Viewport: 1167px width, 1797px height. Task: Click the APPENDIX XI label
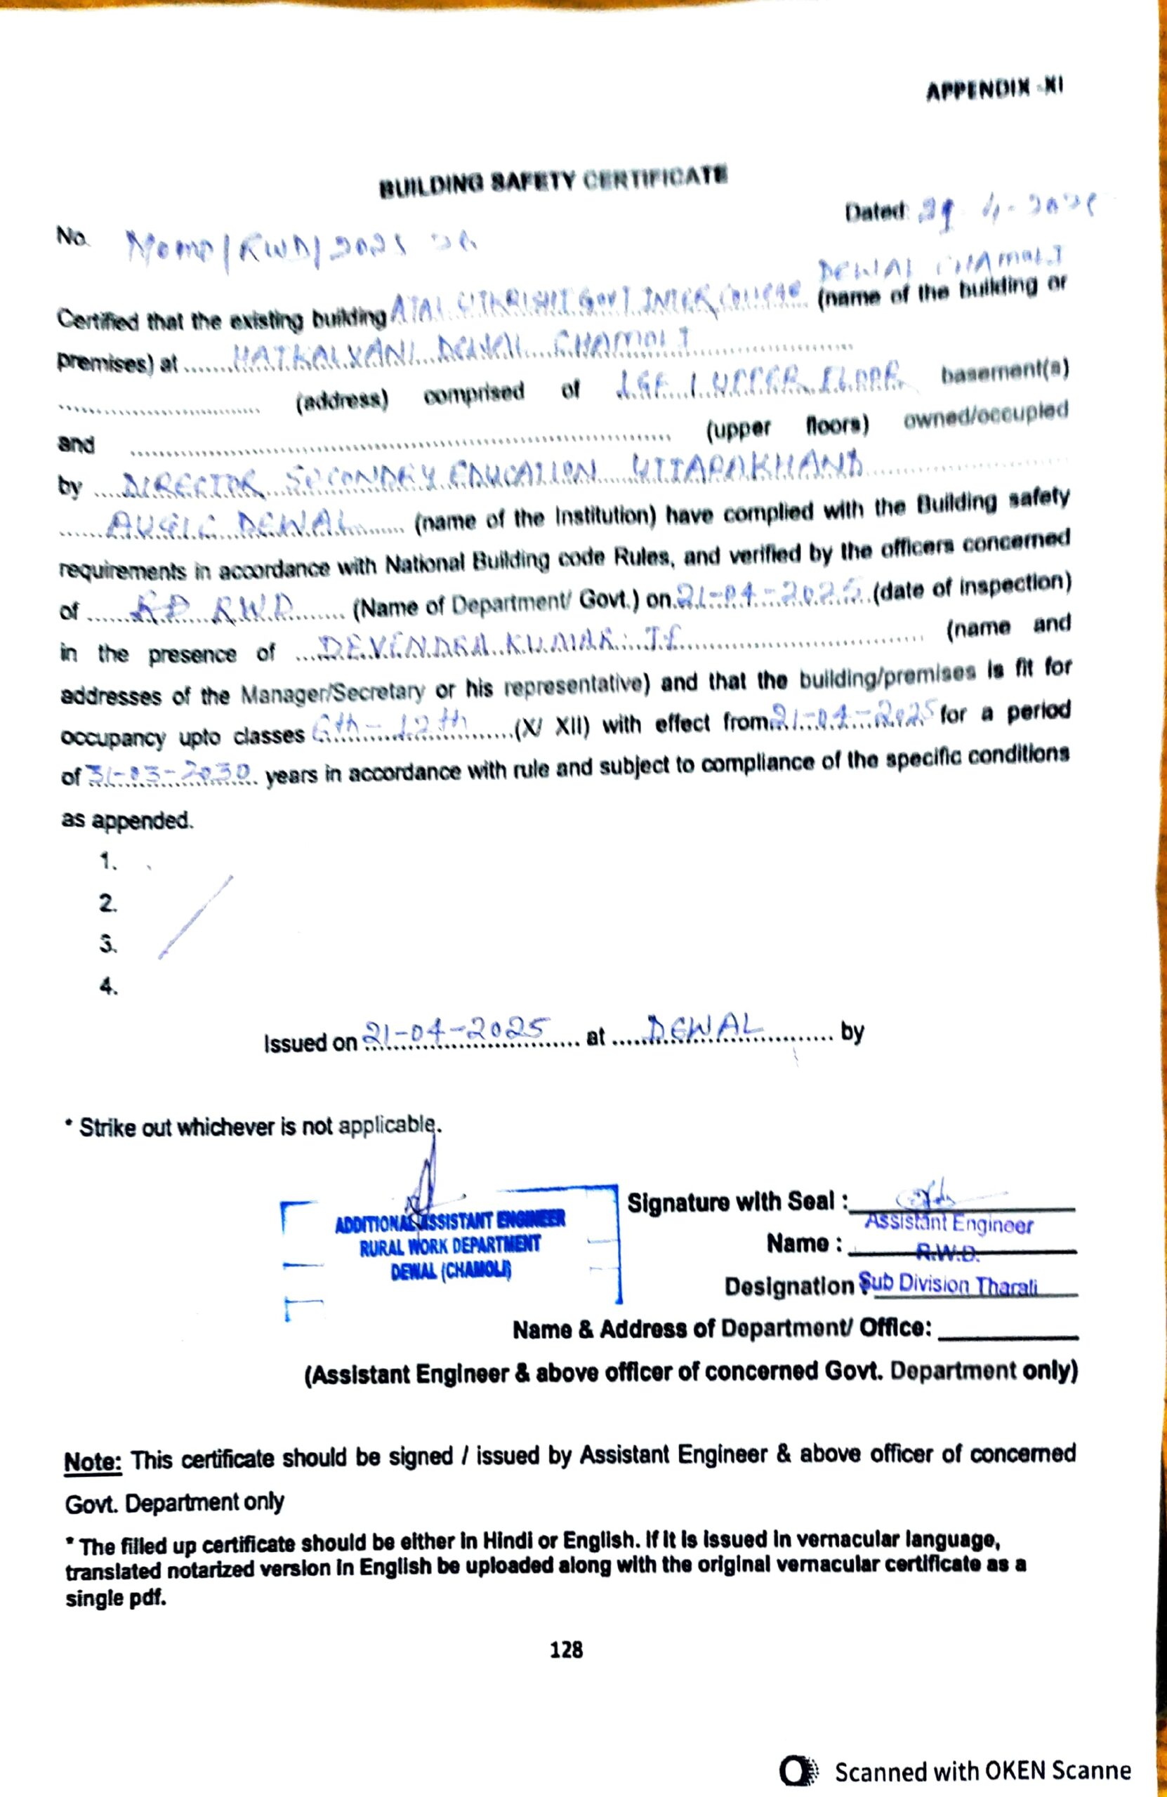[994, 89]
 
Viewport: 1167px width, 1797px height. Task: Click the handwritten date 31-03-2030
[170, 772]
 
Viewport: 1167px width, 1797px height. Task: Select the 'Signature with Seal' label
[737, 1201]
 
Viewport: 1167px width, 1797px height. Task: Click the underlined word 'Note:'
[92, 1461]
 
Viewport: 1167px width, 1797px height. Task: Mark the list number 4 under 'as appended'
[109, 986]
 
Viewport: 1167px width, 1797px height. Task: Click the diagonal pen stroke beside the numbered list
[196, 917]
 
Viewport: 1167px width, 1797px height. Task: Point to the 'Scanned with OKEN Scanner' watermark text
[982, 1770]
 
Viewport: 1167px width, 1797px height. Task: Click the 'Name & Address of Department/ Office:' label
[721, 1328]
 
